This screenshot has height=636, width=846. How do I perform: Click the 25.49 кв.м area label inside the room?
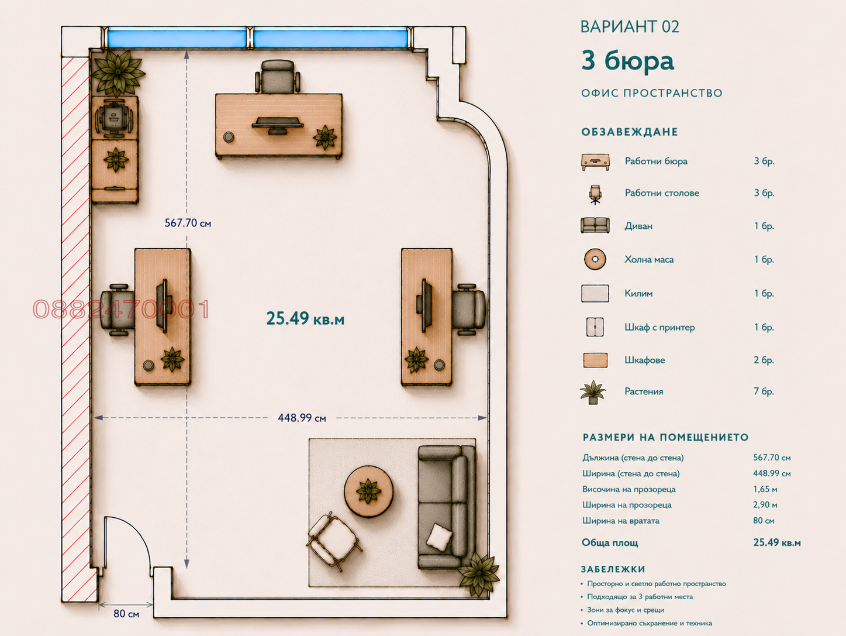point(305,318)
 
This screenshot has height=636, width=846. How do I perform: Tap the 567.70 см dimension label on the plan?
point(188,223)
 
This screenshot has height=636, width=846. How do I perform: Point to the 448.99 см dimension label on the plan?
point(302,418)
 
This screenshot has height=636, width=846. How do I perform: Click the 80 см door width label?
point(126,614)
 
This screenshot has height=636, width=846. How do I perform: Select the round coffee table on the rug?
point(368,490)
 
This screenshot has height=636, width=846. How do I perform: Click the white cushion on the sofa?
point(439,537)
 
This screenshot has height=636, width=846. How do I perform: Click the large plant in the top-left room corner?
point(118,73)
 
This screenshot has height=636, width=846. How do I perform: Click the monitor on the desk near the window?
point(278,125)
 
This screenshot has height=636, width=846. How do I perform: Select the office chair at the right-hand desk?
point(469,310)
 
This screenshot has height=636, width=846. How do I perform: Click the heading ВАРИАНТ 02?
point(630,26)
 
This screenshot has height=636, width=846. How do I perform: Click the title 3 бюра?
point(627,61)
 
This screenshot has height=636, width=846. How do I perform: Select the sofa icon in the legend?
point(595,225)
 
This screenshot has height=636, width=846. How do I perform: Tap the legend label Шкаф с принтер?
point(659,328)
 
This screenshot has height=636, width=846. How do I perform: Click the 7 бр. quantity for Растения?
point(764,391)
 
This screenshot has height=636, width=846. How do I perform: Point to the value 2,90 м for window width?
point(765,505)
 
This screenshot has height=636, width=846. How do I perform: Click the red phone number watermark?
point(121,310)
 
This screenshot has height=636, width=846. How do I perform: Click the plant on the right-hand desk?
point(416,359)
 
